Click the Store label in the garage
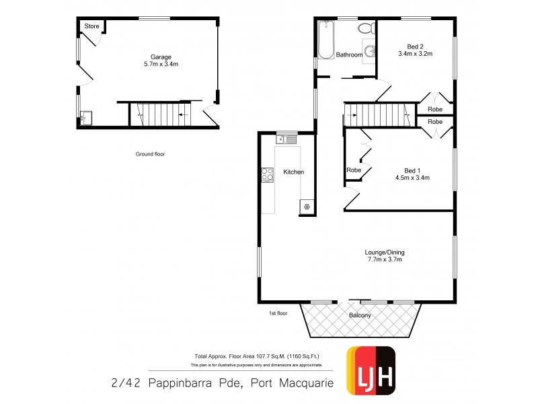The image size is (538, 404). pyautogui.click(x=91, y=26)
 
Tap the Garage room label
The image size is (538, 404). pyautogui.click(x=161, y=57)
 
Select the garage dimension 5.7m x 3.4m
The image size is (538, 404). pyautogui.click(x=161, y=64)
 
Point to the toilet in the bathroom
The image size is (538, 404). pyautogui.click(x=365, y=28)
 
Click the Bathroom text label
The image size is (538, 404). pyautogui.click(x=350, y=55)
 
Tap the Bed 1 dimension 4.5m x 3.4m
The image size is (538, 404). pyautogui.click(x=412, y=178)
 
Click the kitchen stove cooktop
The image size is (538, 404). pyautogui.click(x=267, y=174)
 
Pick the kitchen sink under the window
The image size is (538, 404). pyautogui.click(x=286, y=139)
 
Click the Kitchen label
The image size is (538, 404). pyautogui.click(x=293, y=172)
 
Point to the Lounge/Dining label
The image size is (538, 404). pyautogui.click(x=385, y=252)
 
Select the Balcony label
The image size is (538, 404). pyautogui.click(x=361, y=315)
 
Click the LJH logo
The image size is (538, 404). pyautogui.click(x=370, y=370)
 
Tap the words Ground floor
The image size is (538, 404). pyautogui.click(x=150, y=154)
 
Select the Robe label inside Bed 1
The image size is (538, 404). pyautogui.click(x=354, y=170)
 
